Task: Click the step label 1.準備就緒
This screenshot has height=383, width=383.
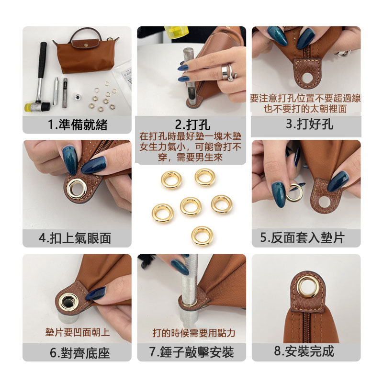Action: click(x=78, y=125)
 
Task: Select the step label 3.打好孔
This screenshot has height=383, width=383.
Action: click(x=306, y=124)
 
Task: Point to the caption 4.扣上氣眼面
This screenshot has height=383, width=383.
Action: click(x=78, y=238)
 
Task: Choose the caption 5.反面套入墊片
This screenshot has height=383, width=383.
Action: click(x=306, y=237)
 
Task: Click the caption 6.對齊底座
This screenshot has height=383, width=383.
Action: click(x=78, y=353)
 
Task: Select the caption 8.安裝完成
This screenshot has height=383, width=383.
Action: click(x=306, y=351)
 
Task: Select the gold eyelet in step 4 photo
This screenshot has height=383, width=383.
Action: click(x=76, y=188)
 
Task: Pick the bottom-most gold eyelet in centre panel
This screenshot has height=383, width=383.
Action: click(x=202, y=236)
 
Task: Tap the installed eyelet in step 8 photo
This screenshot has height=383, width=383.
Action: click(x=306, y=286)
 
